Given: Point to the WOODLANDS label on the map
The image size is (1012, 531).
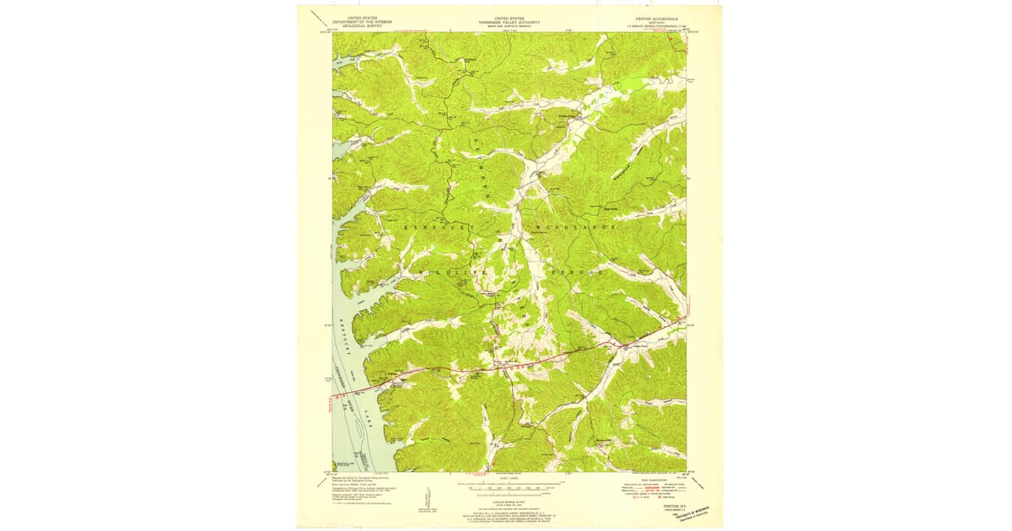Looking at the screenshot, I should [573, 228].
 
